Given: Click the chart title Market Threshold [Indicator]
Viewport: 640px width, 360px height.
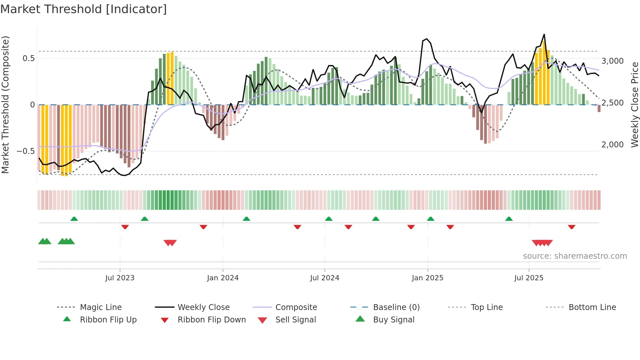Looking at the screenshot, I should coord(84,9).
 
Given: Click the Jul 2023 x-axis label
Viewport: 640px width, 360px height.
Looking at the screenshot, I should coord(120,278).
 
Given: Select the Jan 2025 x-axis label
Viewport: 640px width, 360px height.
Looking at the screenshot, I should coord(427,278).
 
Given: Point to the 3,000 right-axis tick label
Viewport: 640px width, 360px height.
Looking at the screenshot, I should coord(613,61).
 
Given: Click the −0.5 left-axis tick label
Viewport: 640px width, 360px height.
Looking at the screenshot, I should coord(25,151).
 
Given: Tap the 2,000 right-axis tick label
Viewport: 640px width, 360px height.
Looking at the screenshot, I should coord(613,144).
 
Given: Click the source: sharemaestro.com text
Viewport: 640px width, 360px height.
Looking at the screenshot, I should coord(575,256).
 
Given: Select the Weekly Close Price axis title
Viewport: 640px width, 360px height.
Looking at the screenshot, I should coord(634,105).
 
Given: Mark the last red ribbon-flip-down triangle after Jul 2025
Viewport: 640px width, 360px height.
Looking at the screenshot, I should coord(571,227).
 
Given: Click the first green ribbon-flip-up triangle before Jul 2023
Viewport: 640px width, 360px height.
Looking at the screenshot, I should coord(74,219).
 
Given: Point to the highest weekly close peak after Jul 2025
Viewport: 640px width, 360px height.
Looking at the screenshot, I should coord(544,35).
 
